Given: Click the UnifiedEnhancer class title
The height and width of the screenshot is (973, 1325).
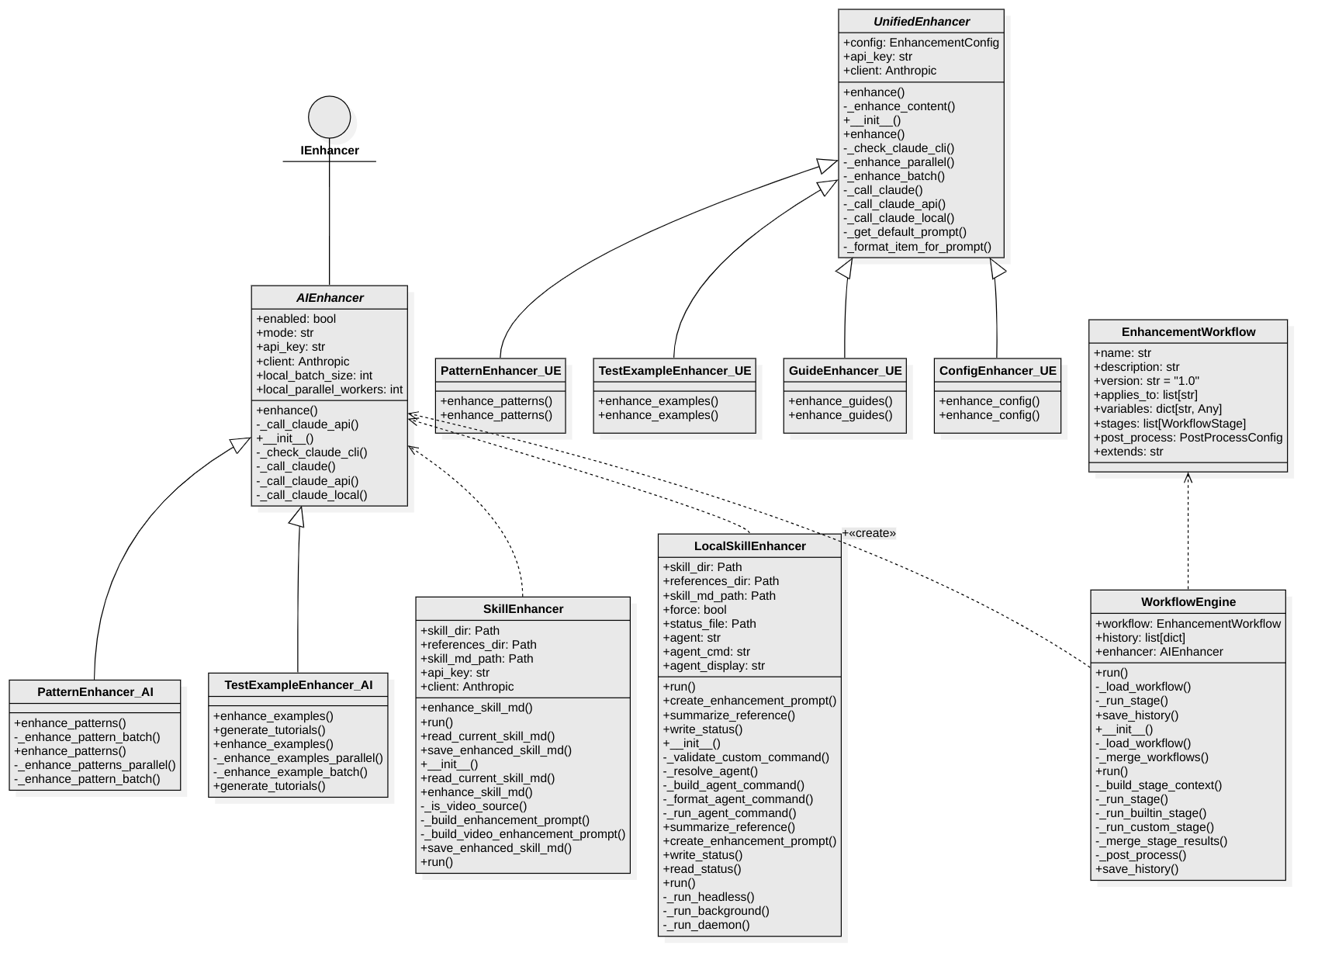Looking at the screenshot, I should (x=921, y=22).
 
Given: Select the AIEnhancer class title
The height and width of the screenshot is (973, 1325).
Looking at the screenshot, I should (x=330, y=298).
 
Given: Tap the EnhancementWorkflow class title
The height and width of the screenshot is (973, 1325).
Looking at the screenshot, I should (x=1188, y=332).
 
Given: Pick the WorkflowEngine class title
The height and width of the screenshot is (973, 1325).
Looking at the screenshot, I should (x=1188, y=602).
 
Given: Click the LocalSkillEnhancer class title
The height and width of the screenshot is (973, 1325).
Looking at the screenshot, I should (x=749, y=546).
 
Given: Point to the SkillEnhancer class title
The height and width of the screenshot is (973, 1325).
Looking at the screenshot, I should (x=523, y=609).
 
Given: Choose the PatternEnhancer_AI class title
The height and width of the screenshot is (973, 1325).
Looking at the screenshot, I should (x=95, y=692).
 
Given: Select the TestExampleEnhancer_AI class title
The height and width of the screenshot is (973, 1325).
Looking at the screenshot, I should (x=299, y=685).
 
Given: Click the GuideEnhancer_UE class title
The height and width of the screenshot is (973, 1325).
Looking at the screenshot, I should (x=845, y=371).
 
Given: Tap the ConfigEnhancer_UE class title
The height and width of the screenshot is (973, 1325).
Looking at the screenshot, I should (x=997, y=371).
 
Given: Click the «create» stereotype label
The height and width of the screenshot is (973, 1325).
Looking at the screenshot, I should (x=870, y=533).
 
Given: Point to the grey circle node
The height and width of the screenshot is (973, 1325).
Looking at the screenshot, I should (x=329, y=117).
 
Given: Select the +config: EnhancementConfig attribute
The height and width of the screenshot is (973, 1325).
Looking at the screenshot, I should (x=921, y=43).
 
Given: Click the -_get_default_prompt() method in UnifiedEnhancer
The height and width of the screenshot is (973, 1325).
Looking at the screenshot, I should (x=905, y=232).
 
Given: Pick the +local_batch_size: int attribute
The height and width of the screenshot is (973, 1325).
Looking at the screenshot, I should (x=314, y=376).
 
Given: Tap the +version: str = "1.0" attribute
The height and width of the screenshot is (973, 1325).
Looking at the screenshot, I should (x=1146, y=381).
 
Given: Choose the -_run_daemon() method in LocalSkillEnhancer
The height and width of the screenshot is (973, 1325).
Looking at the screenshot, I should (x=706, y=925).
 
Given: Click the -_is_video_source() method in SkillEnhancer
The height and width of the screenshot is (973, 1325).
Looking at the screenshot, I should (x=473, y=806).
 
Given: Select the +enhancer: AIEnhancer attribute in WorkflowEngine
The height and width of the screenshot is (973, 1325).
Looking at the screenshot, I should (x=1158, y=652).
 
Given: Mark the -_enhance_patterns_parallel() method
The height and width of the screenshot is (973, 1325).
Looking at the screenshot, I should (x=95, y=765).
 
